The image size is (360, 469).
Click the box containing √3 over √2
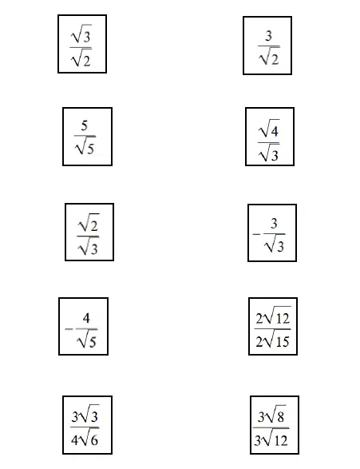(x=82, y=44)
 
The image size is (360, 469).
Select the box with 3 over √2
(x=267, y=46)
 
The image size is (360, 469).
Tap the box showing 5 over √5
(x=87, y=137)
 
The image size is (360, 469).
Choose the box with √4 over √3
(x=270, y=137)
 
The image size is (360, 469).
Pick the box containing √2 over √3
(x=89, y=233)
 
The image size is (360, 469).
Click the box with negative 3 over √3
(x=272, y=233)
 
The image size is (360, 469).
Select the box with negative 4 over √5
(x=83, y=326)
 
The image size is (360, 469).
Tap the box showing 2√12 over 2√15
(x=273, y=326)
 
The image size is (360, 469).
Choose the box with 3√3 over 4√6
(x=87, y=425)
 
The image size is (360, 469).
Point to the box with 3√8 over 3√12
(x=275, y=425)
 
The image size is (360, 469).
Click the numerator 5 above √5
(x=85, y=125)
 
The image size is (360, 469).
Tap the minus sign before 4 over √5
(x=69, y=329)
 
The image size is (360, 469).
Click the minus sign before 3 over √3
(x=256, y=234)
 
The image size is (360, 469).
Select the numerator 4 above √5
(x=86, y=318)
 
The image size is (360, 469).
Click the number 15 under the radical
(x=283, y=342)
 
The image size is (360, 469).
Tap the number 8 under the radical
(x=280, y=417)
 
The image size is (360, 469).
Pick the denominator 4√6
(x=85, y=439)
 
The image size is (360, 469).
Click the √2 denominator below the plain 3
(x=269, y=56)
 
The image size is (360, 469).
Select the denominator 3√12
(x=271, y=440)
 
